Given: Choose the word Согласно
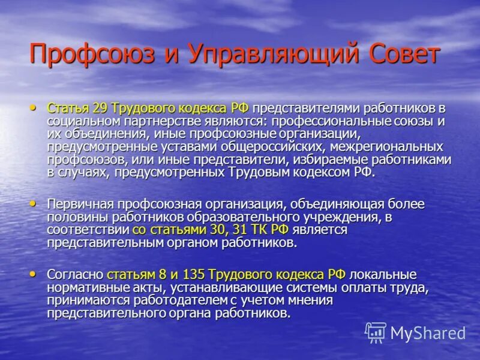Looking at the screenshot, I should point(76,275).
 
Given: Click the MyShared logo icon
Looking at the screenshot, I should point(376,332).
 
